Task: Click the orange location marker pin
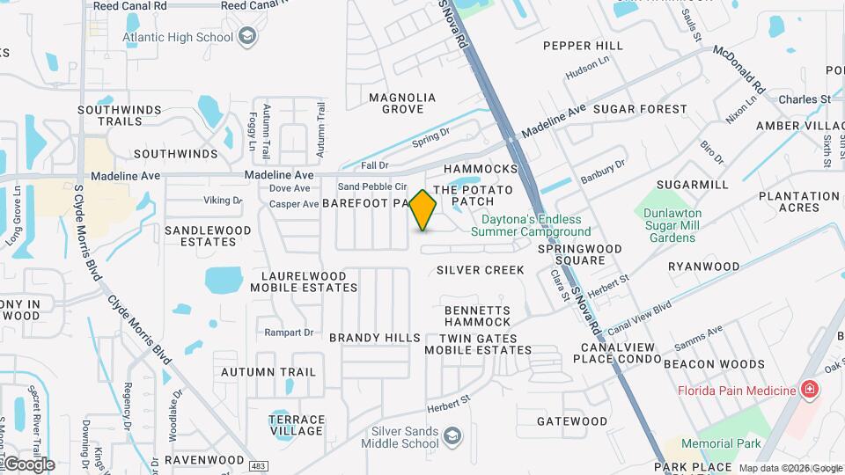pyautogui.click(x=423, y=209)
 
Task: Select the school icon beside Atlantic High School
pyautogui.click(x=248, y=37)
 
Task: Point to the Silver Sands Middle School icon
pyautogui.click(x=452, y=435)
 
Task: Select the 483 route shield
pyautogui.click(x=258, y=464)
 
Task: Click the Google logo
pyautogui.click(x=29, y=464)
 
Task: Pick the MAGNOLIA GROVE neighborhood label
pyautogui.click(x=402, y=103)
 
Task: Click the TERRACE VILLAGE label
pyautogui.click(x=297, y=425)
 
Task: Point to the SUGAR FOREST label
pyautogui.click(x=640, y=109)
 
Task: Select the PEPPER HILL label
pyautogui.click(x=583, y=46)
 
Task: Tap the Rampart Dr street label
pyautogui.click(x=290, y=332)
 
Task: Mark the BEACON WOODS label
pyautogui.click(x=714, y=363)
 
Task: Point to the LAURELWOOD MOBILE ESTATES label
pyautogui.click(x=298, y=281)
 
